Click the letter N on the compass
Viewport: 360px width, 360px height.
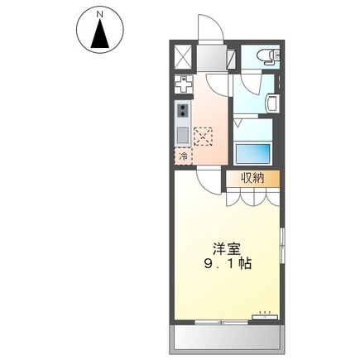[x=100, y=14]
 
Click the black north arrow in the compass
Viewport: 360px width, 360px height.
[x=100, y=35]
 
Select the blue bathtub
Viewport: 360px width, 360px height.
[x=253, y=154]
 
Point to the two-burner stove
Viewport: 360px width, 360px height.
[x=182, y=111]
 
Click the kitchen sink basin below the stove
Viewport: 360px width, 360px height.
[x=182, y=134]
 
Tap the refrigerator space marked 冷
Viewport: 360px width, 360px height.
[x=182, y=155]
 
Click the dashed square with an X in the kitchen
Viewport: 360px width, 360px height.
[x=204, y=135]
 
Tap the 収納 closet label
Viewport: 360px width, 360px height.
[x=253, y=178]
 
